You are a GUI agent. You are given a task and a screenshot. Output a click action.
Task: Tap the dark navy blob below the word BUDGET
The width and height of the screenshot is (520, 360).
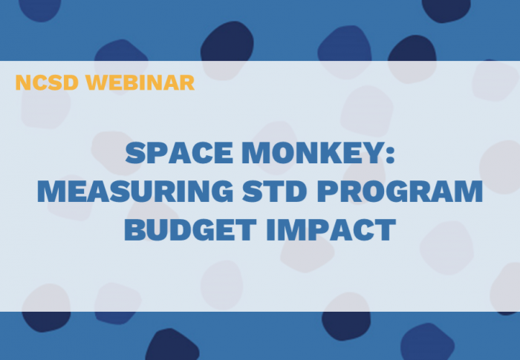172,344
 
